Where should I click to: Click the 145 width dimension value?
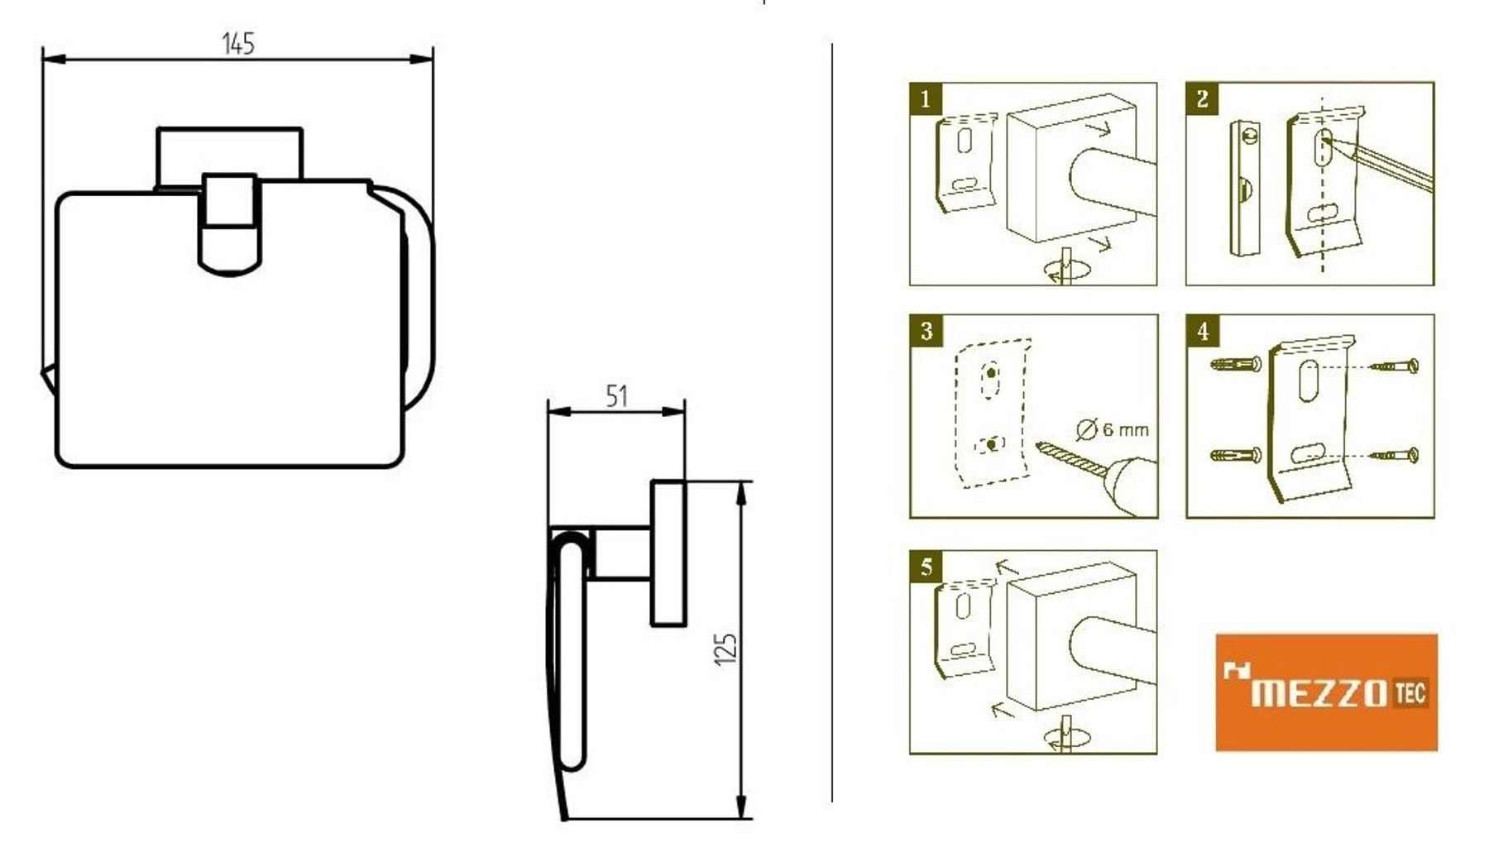tap(237, 43)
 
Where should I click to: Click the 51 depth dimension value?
tap(616, 397)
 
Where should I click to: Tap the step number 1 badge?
tap(925, 99)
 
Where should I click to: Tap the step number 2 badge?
tap(1201, 99)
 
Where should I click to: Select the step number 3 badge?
tap(925, 332)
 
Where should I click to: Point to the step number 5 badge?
tap(925, 567)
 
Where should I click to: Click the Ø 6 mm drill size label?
tap(1113, 429)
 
